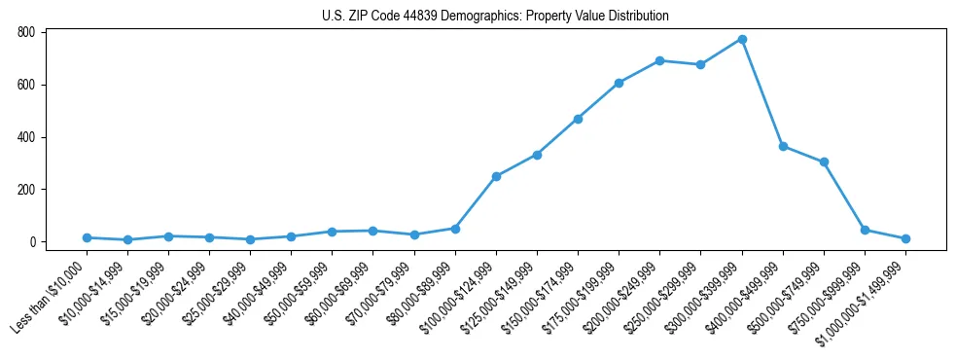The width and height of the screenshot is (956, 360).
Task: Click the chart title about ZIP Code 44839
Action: [495, 16]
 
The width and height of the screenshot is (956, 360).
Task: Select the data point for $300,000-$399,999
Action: [742, 39]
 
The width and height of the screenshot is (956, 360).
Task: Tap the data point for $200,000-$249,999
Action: [660, 60]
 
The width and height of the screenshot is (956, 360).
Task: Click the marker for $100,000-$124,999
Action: [496, 176]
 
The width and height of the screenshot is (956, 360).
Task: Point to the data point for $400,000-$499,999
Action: [783, 146]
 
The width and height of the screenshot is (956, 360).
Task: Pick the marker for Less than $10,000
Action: [87, 237]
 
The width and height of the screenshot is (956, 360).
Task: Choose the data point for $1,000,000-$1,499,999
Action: [905, 238]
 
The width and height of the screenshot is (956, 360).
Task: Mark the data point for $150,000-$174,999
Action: [578, 119]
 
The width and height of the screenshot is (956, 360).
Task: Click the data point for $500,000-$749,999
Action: [824, 162]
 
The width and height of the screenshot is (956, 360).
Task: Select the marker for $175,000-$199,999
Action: [619, 83]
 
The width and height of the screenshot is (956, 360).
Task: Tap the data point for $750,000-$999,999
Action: [865, 230]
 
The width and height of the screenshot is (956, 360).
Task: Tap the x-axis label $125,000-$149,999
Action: [502, 298]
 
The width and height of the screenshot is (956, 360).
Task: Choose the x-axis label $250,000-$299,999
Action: [665, 298]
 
